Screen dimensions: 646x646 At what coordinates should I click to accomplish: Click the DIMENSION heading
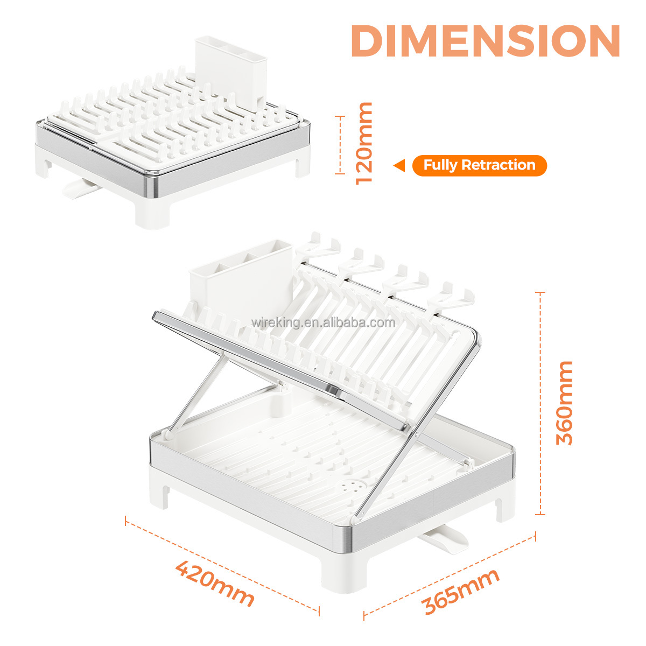pyautogui.click(x=485, y=41)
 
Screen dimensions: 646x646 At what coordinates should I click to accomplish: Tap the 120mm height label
pyautogui.click(x=364, y=144)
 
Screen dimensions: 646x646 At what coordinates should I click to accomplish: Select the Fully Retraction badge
pyautogui.click(x=480, y=165)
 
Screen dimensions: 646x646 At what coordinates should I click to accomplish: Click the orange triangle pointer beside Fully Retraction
pyautogui.click(x=399, y=165)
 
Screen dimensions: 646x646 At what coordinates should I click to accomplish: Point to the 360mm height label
pyautogui.click(x=564, y=403)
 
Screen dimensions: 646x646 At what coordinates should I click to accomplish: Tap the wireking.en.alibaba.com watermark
pyautogui.click(x=323, y=322)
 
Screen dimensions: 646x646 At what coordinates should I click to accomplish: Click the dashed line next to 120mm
pyautogui.click(x=340, y=145)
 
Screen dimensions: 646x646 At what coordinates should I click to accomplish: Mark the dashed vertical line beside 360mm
pyautogui.click(x=540, y=403)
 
